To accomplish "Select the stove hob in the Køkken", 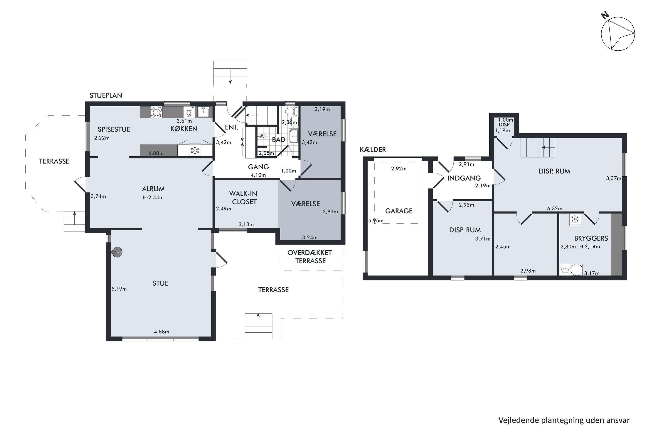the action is point(156,112).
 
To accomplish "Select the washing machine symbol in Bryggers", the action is point(565,269).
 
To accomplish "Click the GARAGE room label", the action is point(399,211).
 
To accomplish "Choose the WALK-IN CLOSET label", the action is point(244,198).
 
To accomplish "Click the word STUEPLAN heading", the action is point(106,95).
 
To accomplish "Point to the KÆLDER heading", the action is point(373,149).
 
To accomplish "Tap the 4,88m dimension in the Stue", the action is point(162,332).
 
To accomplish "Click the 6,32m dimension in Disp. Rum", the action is point(555,209).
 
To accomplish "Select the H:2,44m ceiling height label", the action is point(153,198).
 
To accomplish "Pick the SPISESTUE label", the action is point(114,129).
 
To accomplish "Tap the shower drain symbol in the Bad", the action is point(262,136).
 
